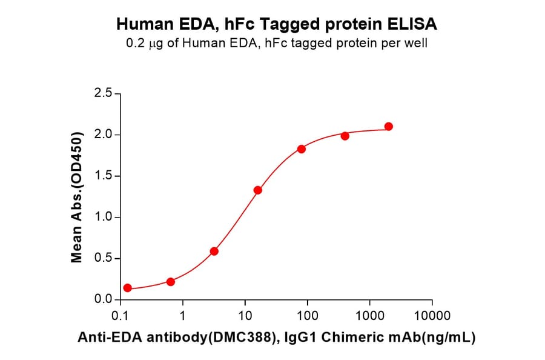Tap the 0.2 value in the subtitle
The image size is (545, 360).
click(x=134, y=44)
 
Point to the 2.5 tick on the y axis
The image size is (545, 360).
click(x=104, y=93)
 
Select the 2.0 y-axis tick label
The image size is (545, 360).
click(x=104, y=135)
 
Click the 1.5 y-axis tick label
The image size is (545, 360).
click(x=104, y=176)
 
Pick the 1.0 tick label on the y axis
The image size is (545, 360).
click(x=104, y=217)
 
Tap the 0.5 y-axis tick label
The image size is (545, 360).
click(x=104, y=259)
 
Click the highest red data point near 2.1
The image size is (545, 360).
click(x=389, y=126)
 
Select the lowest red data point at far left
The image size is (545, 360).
click(x=127, y=288)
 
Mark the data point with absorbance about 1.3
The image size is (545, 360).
click(x=258, y=190)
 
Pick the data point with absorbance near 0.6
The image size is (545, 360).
click(x=214, y=251)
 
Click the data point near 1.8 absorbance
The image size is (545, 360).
click(x=302, y=149)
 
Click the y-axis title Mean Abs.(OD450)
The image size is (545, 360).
click(x=77, y=197)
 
